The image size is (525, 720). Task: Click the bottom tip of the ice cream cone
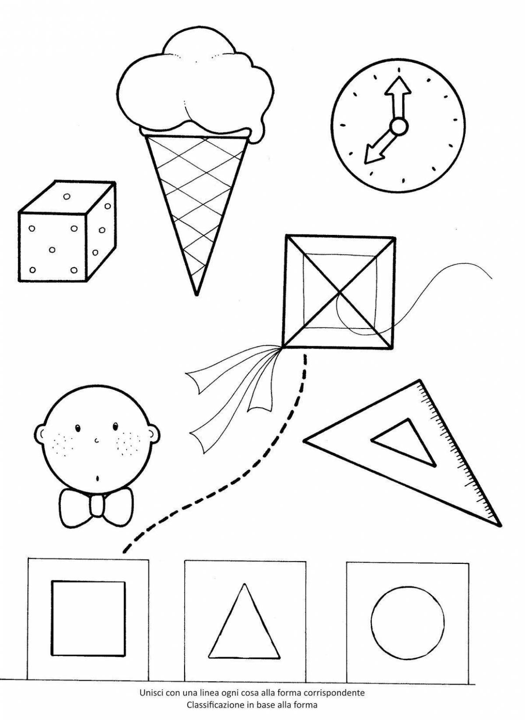(196, 293)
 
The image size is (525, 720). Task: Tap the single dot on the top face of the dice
(66, 196)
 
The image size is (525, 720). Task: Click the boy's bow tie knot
(97, 506)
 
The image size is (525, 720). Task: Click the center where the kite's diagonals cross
(340, 292)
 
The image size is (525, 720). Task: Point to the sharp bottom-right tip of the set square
(499, 523)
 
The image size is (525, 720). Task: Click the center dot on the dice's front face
(52, 250)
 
